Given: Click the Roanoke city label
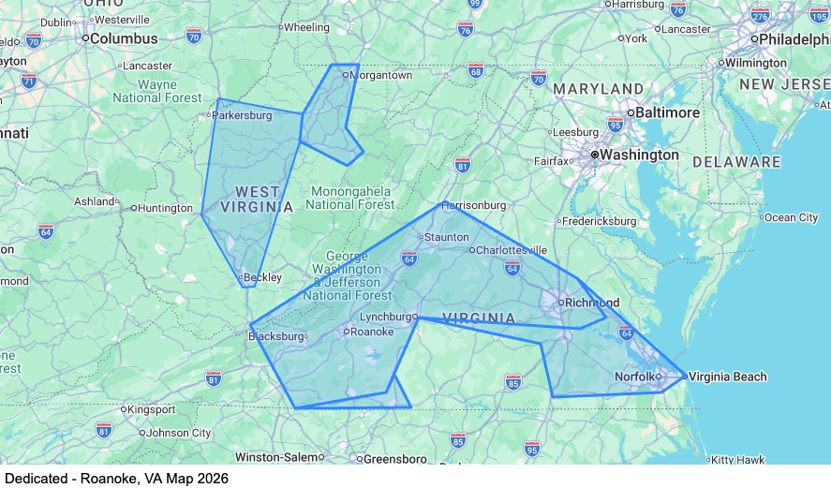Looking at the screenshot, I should point(372,332).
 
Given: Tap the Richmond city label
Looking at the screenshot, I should point(591,303).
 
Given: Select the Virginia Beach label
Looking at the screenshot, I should point(727,377).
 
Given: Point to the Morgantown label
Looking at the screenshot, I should point(382,75).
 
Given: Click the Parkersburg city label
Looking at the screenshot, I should point(242,116).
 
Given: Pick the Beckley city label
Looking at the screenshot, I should point(262,277).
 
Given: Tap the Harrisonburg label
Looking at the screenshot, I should point(473,205).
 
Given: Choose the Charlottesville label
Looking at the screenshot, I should point(511,250).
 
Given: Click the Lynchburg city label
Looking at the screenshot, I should point(387,317).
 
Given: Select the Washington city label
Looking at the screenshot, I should point(639,155).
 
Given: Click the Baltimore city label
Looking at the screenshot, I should point(669,112).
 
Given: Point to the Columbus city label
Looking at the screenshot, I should point(124,38).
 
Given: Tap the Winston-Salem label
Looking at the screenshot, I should point(275,457).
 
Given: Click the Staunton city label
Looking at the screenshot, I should point(446,237).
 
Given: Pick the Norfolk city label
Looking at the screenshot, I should point(633,377).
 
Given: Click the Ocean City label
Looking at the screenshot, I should point(792,217).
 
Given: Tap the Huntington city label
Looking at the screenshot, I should point(166,208).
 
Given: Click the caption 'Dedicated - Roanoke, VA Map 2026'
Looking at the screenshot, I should point(116,478).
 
